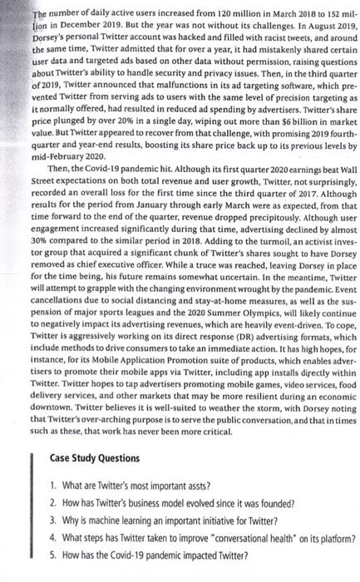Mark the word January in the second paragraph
tap(139, 233)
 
